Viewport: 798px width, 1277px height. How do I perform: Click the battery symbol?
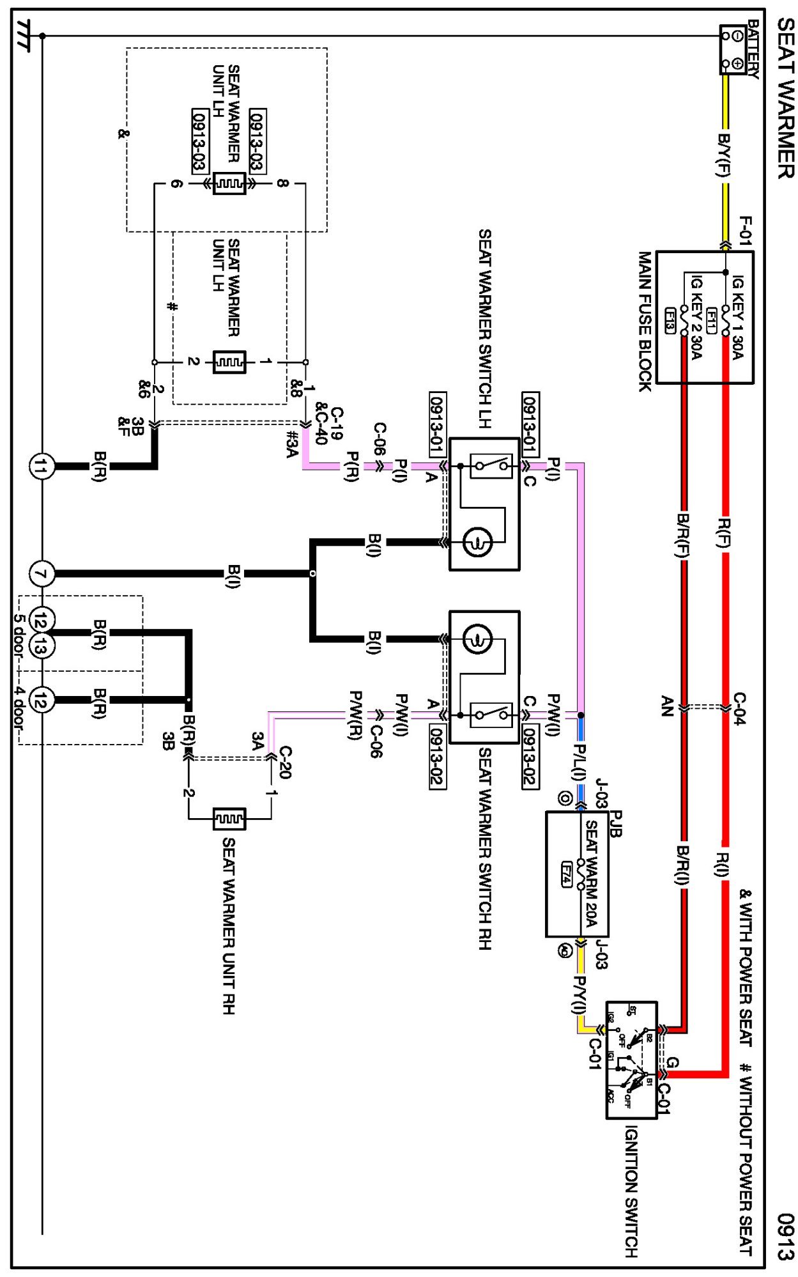click(x=733, y=50)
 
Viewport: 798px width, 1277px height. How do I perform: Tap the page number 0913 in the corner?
click(x=786, y=1236)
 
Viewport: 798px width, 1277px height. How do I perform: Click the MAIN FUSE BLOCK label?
click(x=645, y=321)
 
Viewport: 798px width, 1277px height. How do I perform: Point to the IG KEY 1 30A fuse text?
click(x=737, y=317)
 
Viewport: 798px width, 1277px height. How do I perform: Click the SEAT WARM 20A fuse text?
click(x=591, y=873)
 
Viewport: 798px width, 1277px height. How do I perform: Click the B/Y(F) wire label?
click(x=724, y=155)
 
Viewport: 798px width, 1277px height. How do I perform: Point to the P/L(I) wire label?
click(x=579, y=762)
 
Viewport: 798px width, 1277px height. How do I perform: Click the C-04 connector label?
click(x=739, y=708)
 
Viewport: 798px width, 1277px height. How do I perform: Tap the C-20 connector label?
click(x=285, y=762)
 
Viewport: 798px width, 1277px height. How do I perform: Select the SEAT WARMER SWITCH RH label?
click(x=485, y=848)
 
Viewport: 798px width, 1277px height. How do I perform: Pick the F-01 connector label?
click(x=745, y=230)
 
